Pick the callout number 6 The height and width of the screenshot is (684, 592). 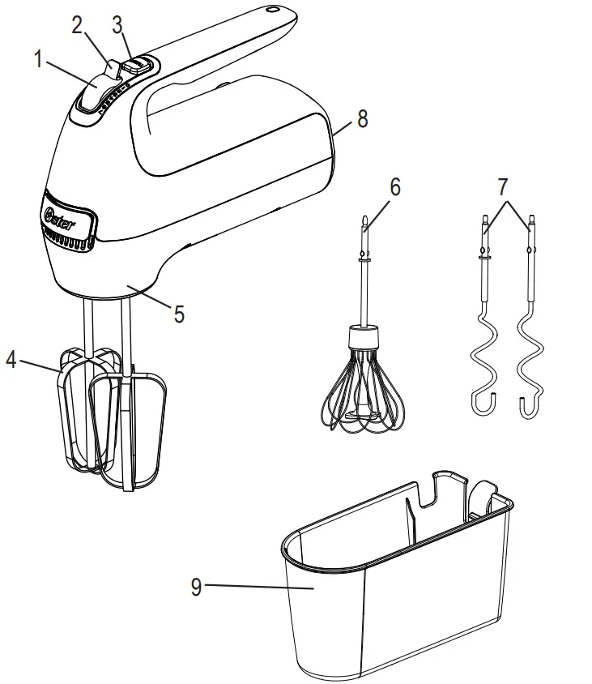[x=394, y=186]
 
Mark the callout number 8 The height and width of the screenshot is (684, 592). [x=362, y=118]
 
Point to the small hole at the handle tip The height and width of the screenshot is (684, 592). [x=273, y=12]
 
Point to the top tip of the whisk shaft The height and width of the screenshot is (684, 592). [x=364, y=218]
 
